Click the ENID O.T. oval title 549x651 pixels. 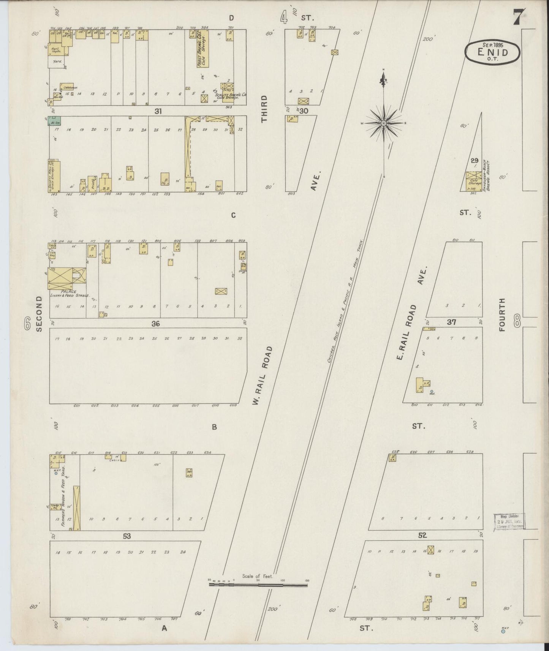click(x=492, y=53)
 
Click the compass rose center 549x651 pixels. click(x=384, y=123)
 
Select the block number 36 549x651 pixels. click(x=155, y=324)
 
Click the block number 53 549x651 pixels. click(x=127, y=536)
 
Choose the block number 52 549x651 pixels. click(x=422, y=535)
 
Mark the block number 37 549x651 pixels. click(x=451, y=322)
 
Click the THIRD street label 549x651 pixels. click(x=264, y=109)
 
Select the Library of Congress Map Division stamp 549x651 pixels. click(x=509, y=521)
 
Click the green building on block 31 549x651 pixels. click(x=55, y=121)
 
